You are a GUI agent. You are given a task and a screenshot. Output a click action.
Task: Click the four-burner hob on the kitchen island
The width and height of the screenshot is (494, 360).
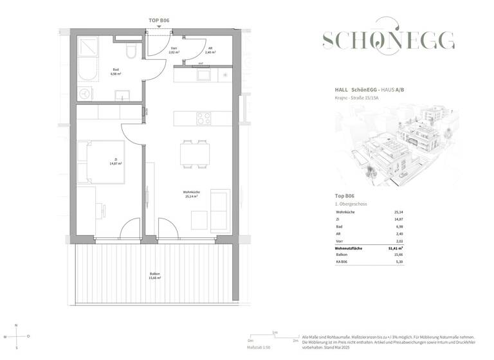click(204, 119)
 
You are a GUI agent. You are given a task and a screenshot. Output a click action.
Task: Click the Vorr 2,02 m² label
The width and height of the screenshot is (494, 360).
click(173, 51)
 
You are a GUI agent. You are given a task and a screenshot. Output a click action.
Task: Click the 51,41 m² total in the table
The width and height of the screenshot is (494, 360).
click(395, 248)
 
